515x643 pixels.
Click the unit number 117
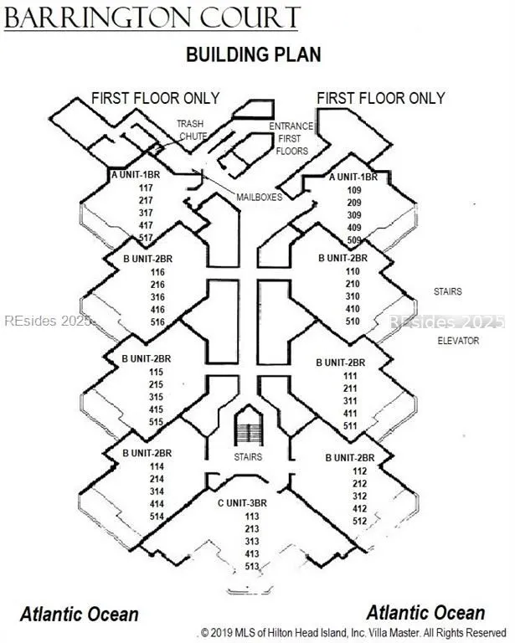tap(146, 188)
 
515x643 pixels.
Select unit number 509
tap(354, 240)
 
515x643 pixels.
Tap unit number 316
tap(157, 297)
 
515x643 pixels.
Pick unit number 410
tap(353, 309)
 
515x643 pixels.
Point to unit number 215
tap(156, 384)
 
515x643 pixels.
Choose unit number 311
tap(350, 401)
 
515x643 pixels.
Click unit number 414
tap(157, 503)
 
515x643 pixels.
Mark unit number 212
tap(359, 483)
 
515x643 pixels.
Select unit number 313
tap(252, 542)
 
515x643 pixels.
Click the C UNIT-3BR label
tap(242, 502)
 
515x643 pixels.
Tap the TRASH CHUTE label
tap(192, 130)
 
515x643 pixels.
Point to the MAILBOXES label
tap(259, 198)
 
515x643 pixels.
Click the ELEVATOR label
tap(458, 341)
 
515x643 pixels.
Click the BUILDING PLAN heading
tap(254, 54)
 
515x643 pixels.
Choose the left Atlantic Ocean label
tap(80, 615)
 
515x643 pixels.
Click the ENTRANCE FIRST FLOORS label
tap(291, 139)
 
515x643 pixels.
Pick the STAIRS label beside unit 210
tap(448, 291)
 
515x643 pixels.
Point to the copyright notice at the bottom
tap(353, 632)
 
